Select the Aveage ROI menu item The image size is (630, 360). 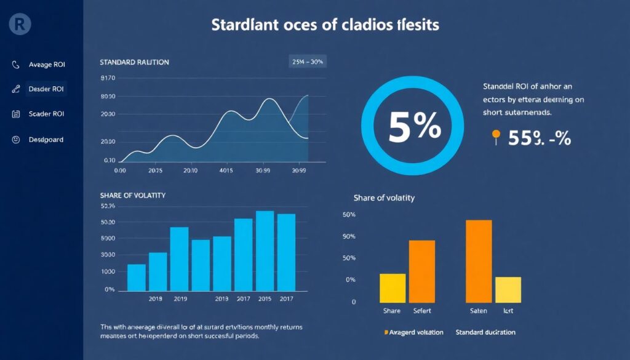pyautogui.click(x=46, y=65)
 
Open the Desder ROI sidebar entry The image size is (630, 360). pyautogui.click(x=46, y=89)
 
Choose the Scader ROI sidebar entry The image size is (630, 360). pyautogui.click(x=46, y=114)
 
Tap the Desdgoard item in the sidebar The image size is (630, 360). pyautogui.click(x=46, y=140)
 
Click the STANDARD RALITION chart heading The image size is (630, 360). pyautogui.click(x=134, y=62)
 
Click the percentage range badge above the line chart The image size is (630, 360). pyautogui.click(x=306, y=62)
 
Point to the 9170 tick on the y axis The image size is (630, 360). pyautogui.click(x=107, y=78)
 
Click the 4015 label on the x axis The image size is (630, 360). pyautogui.click(x=227, y=170)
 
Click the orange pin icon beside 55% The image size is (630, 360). pyautogui.click(x=496, y=136)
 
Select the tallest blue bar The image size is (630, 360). pyautogui.click(x=265, y=250)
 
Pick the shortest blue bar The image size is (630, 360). pyautogui.click(x=137, y=278)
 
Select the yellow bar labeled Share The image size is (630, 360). pyautogui.click(x=393, y=288)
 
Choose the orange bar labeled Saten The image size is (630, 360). pyautogui.click(x=479, y=261)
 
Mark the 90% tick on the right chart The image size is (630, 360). pyautogui.click(x=349, y=236)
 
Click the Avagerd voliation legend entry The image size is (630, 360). pyautogui.click(x=413, y=332)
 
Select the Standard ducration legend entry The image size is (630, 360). pyautogui.click(x=485, y=332)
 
